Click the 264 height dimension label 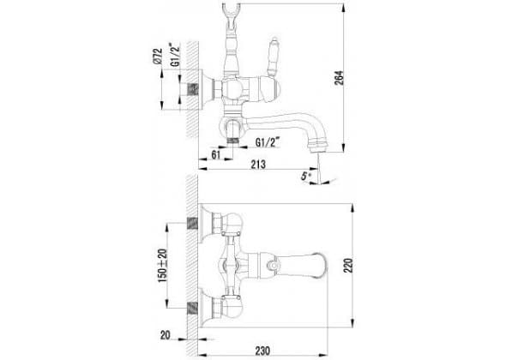tap(339, 78)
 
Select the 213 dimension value tap(258, 165)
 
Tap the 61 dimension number tap(216, 154)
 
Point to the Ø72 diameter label tap(158, 57)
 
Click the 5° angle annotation tap(305, 176)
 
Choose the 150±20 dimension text tap(163, 266)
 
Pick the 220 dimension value tap(348, 265)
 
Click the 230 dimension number tap(262, 351)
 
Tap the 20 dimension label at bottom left tap(166, 335)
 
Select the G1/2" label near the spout tap(268, 142)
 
